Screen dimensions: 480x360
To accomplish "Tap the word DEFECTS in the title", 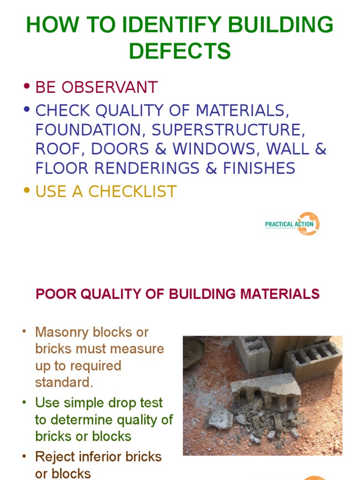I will pyautogui.click(x=180, y=51).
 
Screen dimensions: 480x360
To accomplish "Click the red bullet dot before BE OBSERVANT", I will pyautogui.click(x=27, y=87).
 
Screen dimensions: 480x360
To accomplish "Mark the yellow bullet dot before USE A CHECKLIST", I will pyautogui.click(x=27, y=190).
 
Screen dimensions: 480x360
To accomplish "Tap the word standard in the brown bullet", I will pyautogui.click(x=63, y=382).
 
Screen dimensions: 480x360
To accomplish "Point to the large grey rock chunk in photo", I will pyautogui.click(x=219, y=418).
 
